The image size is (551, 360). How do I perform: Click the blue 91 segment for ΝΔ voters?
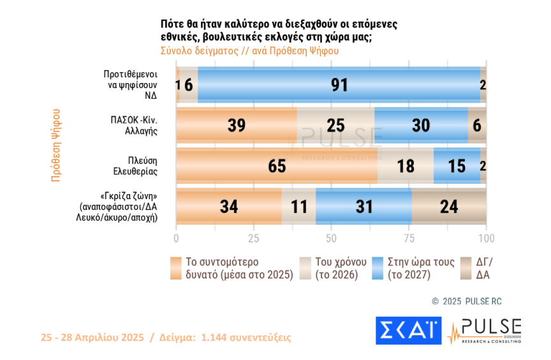point(339,85)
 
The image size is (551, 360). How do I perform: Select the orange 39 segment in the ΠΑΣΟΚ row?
point(237,125)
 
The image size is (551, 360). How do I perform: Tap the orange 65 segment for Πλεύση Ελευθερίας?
point(277,166)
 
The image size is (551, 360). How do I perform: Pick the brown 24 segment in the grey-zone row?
point(449,207)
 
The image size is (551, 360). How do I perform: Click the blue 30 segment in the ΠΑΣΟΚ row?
point(421,125)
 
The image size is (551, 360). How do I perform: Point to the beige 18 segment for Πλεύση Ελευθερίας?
point(406,166)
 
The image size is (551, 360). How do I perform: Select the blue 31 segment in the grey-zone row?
point(364,207)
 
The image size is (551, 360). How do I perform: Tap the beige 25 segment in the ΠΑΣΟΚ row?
point(335,125)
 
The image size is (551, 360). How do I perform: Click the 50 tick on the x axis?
point(331,238)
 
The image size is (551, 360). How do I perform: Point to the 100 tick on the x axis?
point(486,238)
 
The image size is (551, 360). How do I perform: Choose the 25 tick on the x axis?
point(253,238)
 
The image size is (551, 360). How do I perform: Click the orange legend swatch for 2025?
point(177,268)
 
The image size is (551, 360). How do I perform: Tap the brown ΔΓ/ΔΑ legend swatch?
point(465,268)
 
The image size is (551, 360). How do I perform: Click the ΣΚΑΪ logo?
point(408,330)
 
